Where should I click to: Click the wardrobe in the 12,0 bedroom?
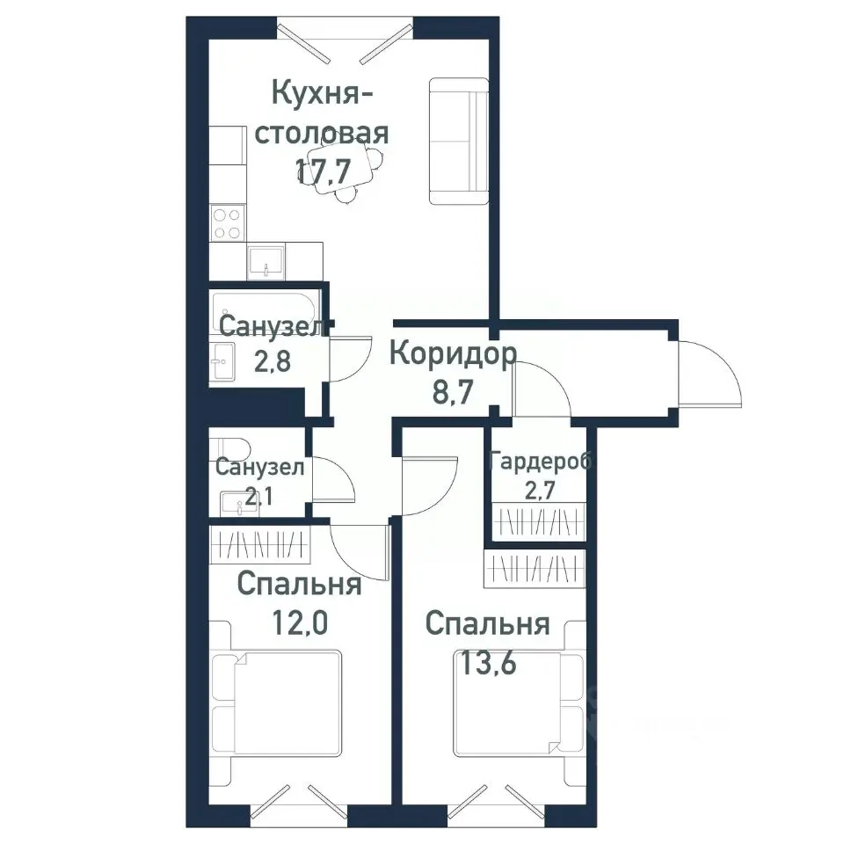(x=260, y=546)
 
